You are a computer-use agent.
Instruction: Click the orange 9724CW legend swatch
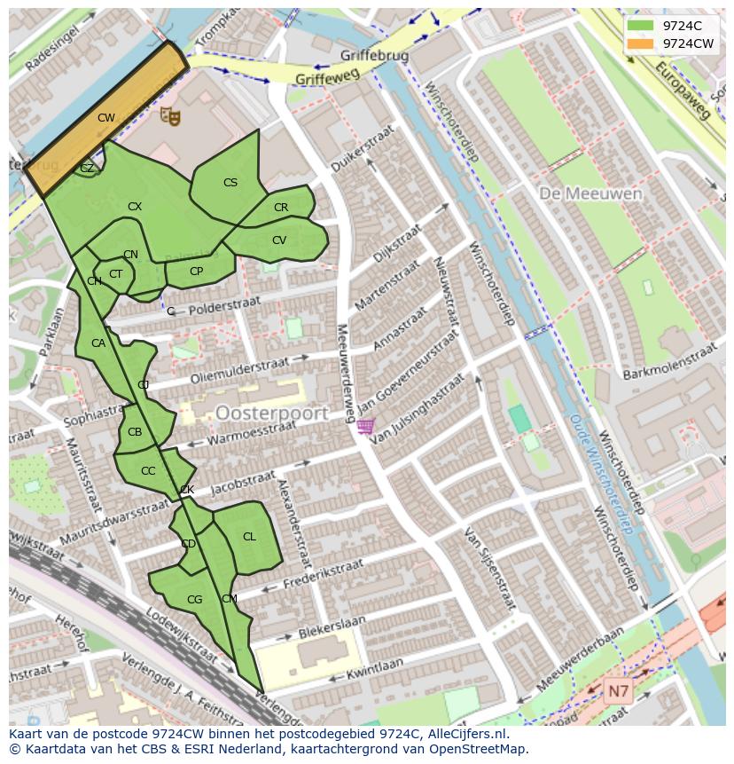[640, 43]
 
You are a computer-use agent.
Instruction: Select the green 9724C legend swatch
[640, 26]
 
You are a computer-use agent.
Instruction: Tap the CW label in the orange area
[106, 118]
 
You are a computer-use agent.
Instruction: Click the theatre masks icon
[169, 115]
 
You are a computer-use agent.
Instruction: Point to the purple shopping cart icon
[365, 427]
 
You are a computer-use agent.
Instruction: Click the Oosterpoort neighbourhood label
[271, 414]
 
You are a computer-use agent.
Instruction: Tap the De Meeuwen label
[578, 193]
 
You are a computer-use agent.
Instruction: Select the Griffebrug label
[374, 56]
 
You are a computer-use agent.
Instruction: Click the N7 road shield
[618, 689]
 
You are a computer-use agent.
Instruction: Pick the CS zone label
[230, 183]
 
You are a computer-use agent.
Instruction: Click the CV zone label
[279, 240]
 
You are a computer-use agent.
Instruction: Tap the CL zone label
[249, 537]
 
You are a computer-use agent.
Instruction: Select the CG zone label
[195, 601]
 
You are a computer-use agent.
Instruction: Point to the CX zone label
[135, 207]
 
